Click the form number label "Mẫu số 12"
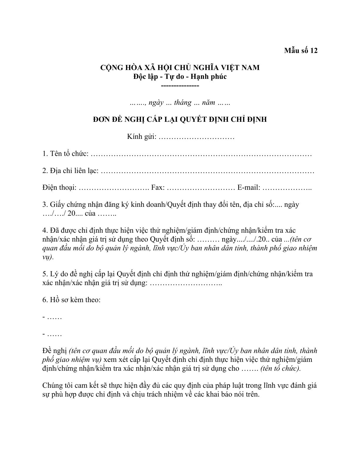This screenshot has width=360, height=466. [x=301, y=51]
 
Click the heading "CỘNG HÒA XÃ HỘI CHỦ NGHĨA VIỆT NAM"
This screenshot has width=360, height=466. [x=180, y=68]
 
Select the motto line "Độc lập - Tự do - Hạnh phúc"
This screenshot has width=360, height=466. [x=180, y=76]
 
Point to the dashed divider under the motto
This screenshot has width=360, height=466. [x=180, y=86]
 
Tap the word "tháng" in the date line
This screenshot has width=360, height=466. [x=182, y=103]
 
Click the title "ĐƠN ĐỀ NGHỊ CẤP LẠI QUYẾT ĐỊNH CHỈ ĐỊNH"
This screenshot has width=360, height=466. [x=180, y=119]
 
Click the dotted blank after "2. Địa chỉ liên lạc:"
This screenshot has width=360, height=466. [x=207, y=171]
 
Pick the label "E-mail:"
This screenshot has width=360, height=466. [x=249, y=188]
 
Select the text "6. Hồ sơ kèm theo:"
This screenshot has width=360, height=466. [x=71, y=300]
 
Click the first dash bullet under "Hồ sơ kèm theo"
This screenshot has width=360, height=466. [x=44, y=317]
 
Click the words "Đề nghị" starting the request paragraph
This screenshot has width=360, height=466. [x=55, y=351]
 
